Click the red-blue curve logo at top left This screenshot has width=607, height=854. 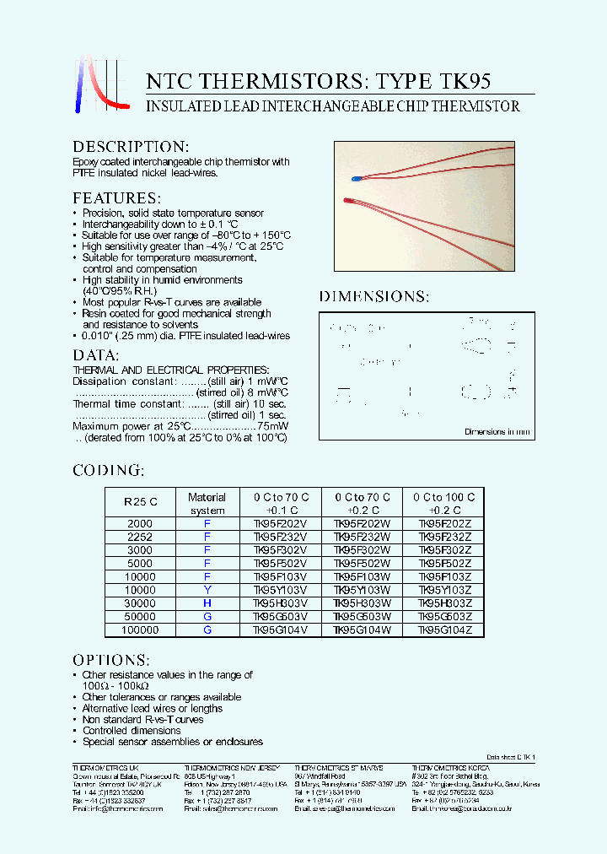click(x=99, y=83)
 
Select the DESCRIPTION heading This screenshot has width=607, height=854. click(x=131, y=147)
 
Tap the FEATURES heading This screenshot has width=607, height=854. click(x=115, y=198)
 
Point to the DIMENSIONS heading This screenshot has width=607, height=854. click(x=373, y=296)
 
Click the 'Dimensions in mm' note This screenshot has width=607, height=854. click(x=497, y=432)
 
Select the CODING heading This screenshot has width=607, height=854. click(x=108, y=470)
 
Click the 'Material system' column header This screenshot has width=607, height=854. click(x=207, y=504)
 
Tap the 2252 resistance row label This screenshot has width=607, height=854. click(x=140, y=537)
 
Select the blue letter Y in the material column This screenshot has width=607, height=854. click(x=207, y=591)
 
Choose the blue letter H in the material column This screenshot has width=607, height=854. click(x=207, y=604)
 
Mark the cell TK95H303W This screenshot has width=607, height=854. click(x=363, y=604)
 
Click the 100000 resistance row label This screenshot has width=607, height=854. click(x=140, y=630)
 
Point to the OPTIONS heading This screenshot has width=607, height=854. click(x=111, y=659)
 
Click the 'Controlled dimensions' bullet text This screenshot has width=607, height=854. click(x=132, y=731)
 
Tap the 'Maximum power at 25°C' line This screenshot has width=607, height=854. click(x=180, y=427)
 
